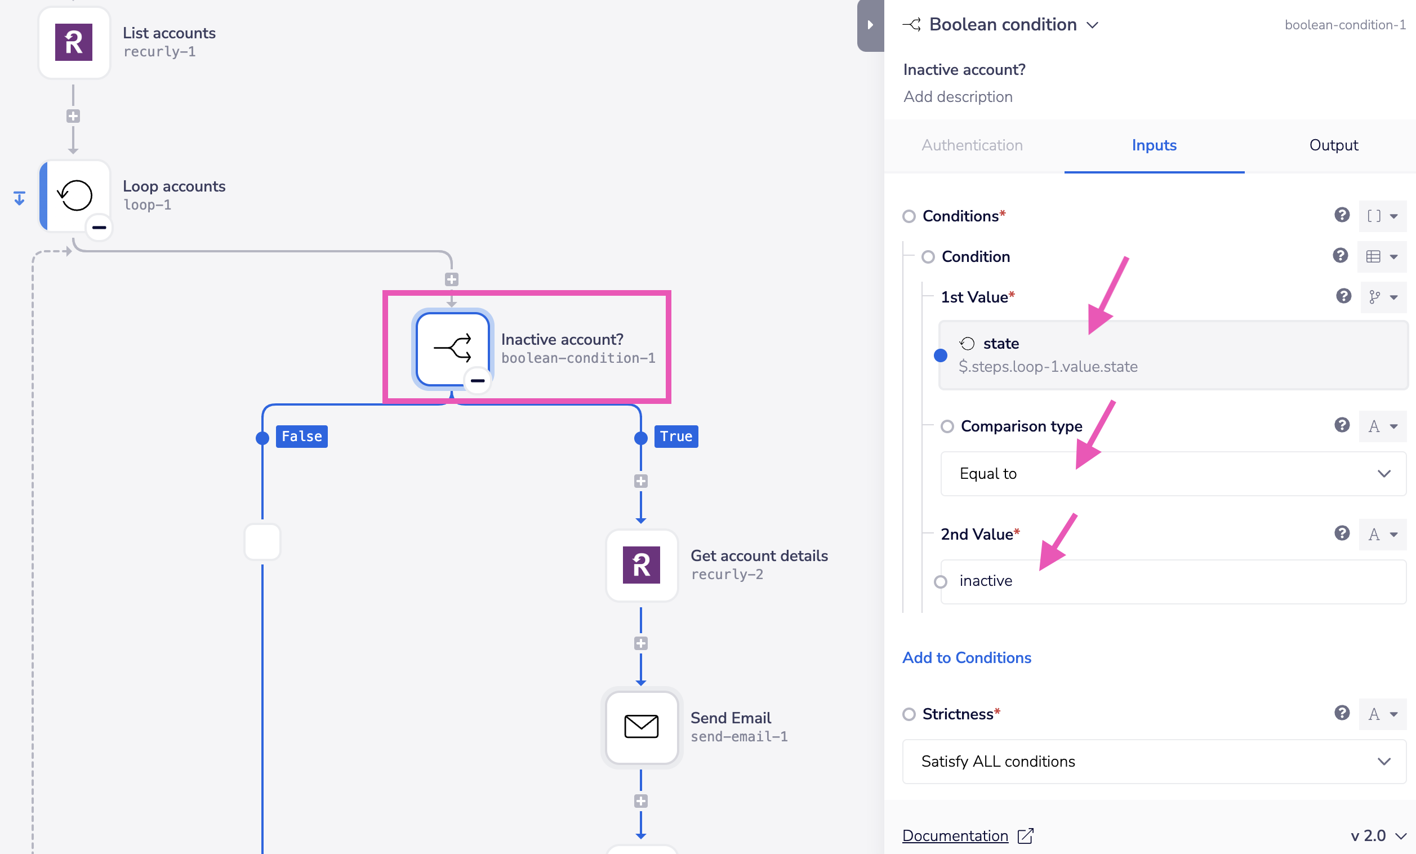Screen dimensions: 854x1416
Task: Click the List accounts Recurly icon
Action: [x=74, y=42]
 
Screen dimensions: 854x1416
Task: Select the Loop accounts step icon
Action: [x=75, y=195]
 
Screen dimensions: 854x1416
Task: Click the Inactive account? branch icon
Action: [x=453, y=349]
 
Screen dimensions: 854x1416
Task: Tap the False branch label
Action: [x=302, y=437]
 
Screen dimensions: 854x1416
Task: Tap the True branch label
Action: [x=676, y=437]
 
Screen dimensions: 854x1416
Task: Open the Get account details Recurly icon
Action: [x=642, y=565]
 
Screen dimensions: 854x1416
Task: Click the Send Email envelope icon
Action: [x=642, y=727]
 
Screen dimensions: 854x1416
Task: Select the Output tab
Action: [x=1333, y=145]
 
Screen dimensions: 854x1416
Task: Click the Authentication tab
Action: [x=972, y=145]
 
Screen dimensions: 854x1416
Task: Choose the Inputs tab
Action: [x=1154, y=145]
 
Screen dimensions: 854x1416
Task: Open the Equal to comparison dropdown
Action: [x=1172, y=474]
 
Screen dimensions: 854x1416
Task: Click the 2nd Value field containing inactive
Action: [x=1172, y=581]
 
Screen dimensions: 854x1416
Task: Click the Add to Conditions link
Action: [x=967, y=658]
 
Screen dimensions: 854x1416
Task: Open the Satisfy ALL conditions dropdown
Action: [x=1154, y=762]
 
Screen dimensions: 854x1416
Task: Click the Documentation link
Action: [x=955, y=836]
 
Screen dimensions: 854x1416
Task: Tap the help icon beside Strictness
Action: [x=1342, y=713]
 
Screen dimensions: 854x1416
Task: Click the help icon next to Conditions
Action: [x=1342, y=216]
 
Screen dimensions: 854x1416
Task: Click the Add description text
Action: [x=958, y=97]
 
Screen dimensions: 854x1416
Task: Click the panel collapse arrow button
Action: [x=870, y=25]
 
